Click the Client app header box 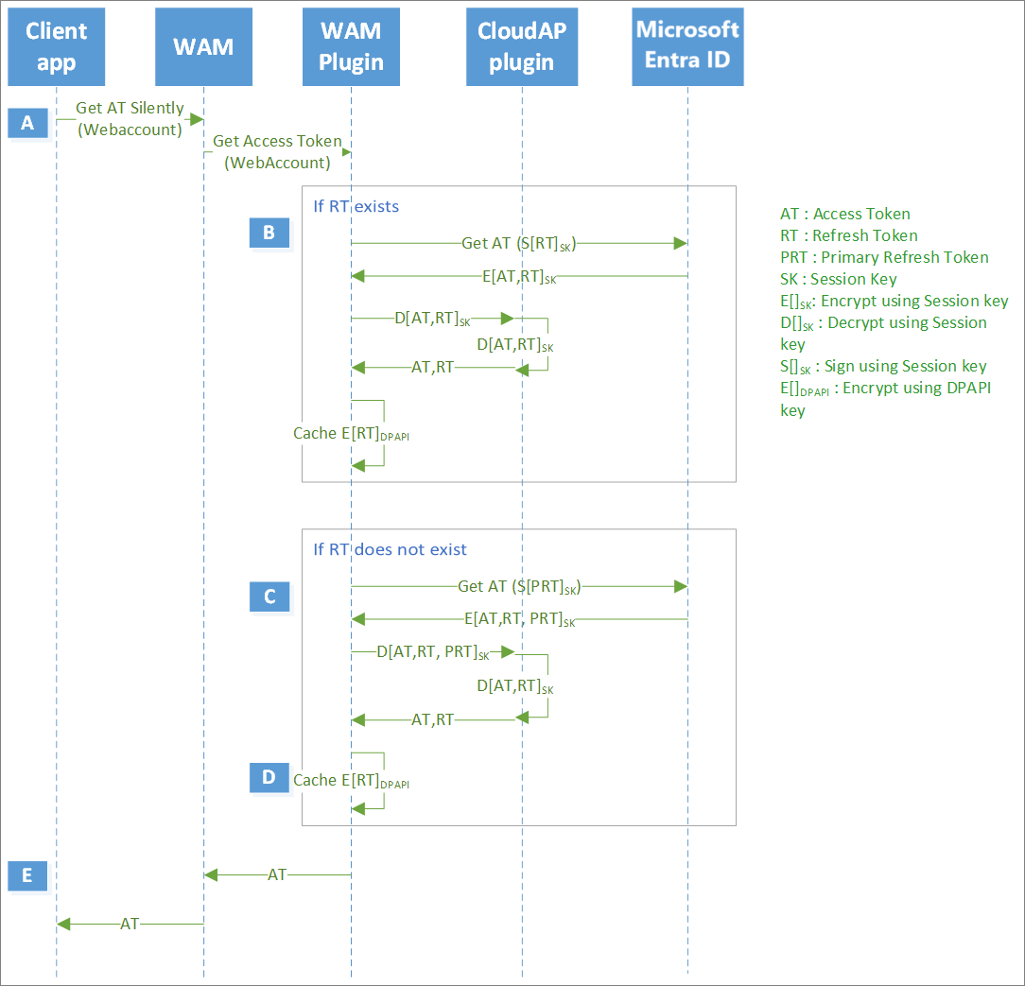[56, 47]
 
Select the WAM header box [203, 47]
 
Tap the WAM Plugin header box [351, 47]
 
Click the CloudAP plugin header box [522, 47]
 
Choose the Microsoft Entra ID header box [687, 47]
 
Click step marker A [27, 123]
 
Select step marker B [269, 233]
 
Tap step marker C [269, 597]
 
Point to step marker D [269, 777]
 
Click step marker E [27, 876]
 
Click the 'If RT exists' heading [356, 206]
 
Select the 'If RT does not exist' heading [390, 549]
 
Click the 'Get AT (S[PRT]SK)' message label [518, 587]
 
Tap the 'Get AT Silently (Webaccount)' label [130, 119]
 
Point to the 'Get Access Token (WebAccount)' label [277, 151]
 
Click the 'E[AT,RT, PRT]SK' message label [519, 620]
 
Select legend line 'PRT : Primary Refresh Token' [884, 257]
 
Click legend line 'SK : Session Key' [838, 279]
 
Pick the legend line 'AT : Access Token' [844, 214]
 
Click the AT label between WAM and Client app [130, 924]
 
